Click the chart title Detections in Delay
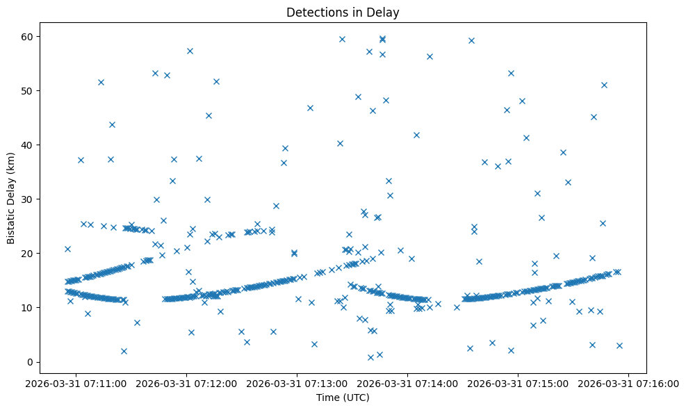coord(343,13)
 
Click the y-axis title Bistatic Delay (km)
coord(11,192)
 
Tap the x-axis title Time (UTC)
coord(343,398)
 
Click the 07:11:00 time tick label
coord(76,383)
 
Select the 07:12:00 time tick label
coord(187,383)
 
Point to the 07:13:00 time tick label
coord(297,383)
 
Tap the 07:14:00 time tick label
coord(408,383)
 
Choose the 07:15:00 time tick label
coord(518,383)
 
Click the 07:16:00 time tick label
coord(629,383)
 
